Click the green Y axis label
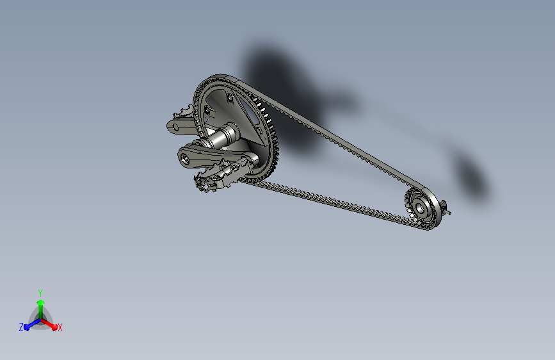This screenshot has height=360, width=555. [40, 293]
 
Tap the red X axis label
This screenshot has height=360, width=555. [60, 328]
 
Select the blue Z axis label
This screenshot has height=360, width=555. [21, 327]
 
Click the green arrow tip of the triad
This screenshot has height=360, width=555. [40, 303]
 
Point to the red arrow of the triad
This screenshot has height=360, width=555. [49, 323]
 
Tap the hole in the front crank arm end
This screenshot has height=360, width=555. [184, 158]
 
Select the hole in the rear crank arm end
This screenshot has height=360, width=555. [175, 126]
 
